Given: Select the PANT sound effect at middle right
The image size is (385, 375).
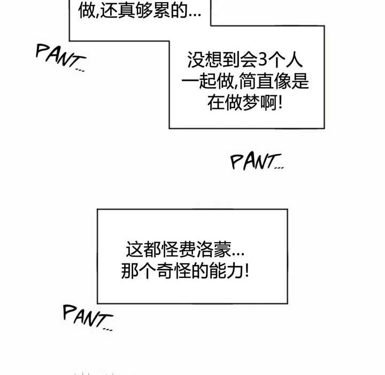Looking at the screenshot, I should [x=256, y=162].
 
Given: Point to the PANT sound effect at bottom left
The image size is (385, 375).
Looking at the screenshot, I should [x=87, y=317].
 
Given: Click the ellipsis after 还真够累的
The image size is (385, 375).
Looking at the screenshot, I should [x=195, y=13].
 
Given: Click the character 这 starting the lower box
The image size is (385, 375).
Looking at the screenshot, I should [x=133, y=250].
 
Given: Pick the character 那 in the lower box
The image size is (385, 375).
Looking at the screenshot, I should [x=129, y=271].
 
